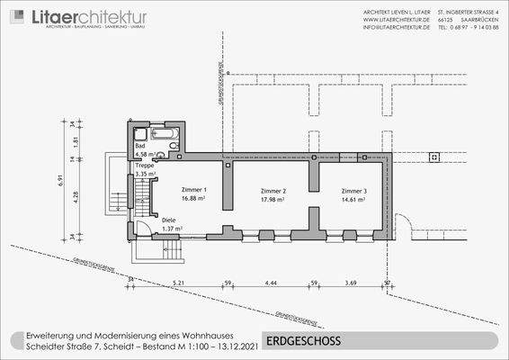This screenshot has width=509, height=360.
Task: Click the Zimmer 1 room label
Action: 193,190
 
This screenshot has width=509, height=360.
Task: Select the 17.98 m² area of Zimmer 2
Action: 272,200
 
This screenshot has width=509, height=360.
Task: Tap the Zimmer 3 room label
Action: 353,191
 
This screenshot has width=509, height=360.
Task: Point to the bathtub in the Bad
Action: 167,134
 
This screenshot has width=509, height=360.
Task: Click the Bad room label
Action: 140,145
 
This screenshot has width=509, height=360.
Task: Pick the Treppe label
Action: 145,166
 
